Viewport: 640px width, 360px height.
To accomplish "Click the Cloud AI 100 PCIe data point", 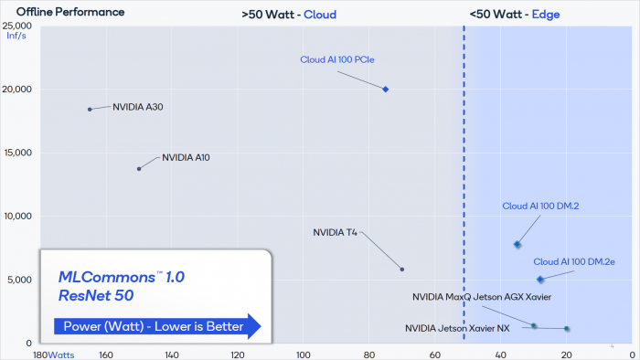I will pyautogui.click(x=386, y=90).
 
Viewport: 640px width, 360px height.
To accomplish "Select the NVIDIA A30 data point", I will pyautogui.click(x=90, y=109).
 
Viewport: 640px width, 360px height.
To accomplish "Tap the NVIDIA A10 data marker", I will pyautogui.click(x=139, y=168).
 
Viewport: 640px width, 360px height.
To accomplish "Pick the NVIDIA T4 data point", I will pyautogui.click(x=402, y=269).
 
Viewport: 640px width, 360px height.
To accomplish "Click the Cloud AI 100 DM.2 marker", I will pyautogui.click(x=517, y=244).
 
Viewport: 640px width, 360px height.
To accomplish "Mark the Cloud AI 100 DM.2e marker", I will pyautogui.click(x=540, y=279).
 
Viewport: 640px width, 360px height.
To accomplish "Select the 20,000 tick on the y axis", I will pyautogui.click(x=17, y=90).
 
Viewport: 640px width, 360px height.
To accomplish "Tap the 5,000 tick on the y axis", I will pyautogui.click(x=20, y=280).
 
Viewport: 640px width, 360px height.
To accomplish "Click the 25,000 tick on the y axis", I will pyautogui.click(x=17, y=26).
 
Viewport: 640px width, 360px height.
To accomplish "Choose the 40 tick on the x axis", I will pyautogui.click(x=501, y=354).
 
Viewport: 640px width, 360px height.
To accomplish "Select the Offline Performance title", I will pyautogui.click(x=58, y=13).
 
